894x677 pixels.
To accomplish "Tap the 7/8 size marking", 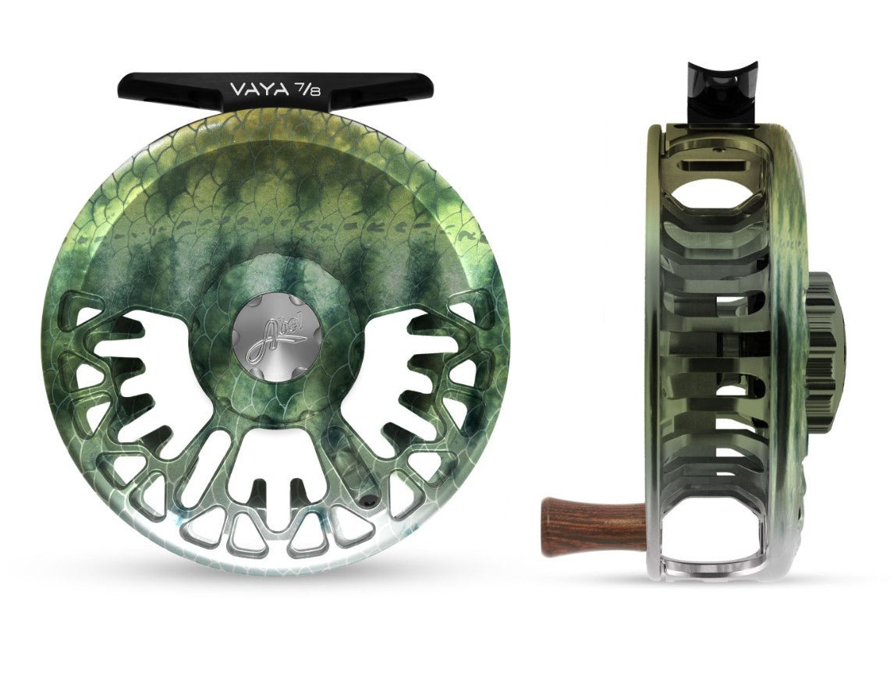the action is click(306, 89).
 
